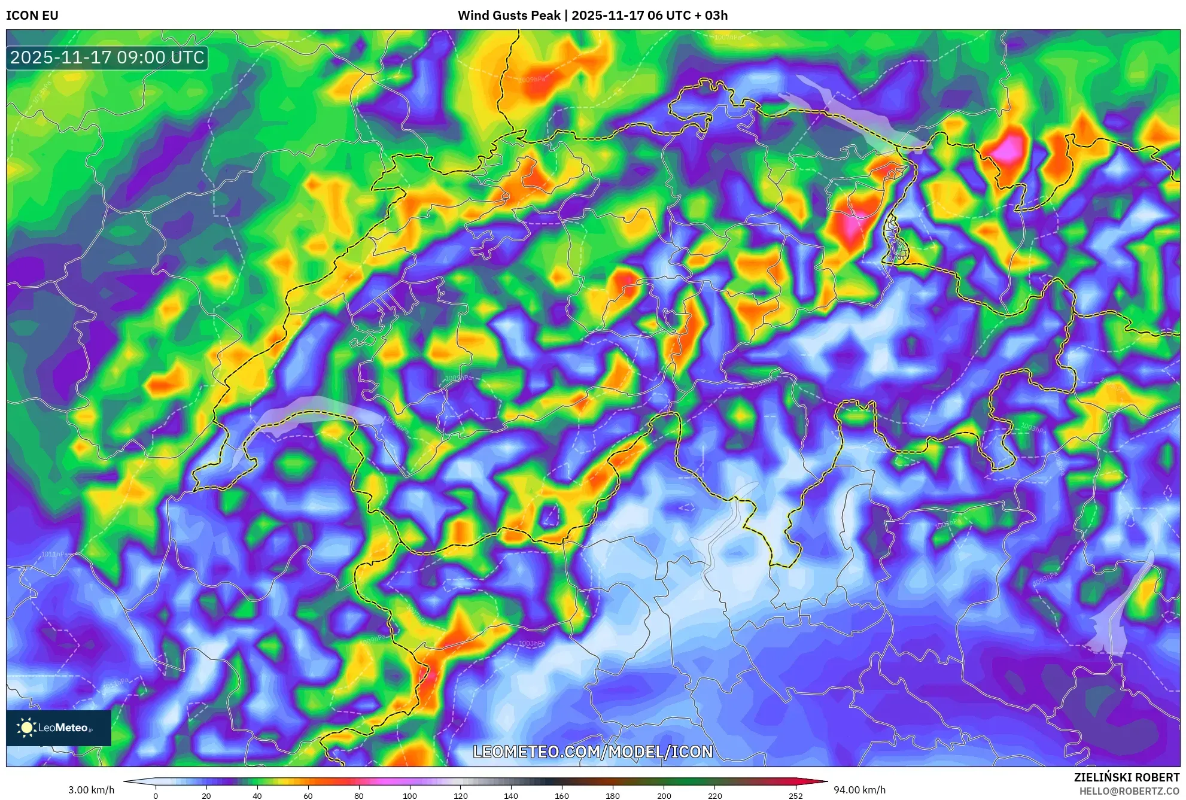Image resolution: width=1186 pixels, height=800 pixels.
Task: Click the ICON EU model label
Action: coord(32,16)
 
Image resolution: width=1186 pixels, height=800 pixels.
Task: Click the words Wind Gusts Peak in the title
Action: coord(509,16)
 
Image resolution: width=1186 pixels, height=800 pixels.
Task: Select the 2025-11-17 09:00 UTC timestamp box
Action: coord(107,58)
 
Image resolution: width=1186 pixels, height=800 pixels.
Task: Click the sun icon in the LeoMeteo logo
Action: coord(26,728)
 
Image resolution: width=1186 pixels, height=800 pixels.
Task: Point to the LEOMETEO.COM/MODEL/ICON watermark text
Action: coord(592,752)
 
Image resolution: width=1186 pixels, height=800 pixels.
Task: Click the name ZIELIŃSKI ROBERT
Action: coord(1126,777)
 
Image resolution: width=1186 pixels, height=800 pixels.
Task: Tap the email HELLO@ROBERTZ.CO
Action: coord(1129,791)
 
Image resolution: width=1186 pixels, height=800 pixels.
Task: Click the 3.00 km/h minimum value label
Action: coord(91,790)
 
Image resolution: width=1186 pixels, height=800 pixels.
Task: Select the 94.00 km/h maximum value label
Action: coord(859,790)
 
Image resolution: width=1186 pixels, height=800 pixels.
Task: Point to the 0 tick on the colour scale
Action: coord(156,796)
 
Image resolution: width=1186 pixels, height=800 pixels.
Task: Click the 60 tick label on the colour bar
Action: coord(308,796)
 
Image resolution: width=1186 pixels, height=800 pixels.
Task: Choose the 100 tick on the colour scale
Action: coord(410,796)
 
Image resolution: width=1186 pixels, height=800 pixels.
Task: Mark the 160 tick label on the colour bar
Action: coord(562,796)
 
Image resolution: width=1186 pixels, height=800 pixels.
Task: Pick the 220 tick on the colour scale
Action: coord(714,796)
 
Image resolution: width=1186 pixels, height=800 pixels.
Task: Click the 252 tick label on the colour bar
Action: coord(795,796)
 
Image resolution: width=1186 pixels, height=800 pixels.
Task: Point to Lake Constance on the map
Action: coord(850,114)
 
